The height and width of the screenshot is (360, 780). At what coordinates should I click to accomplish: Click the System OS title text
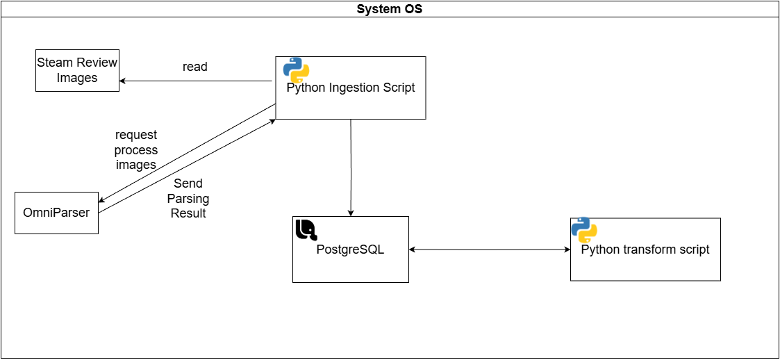389,9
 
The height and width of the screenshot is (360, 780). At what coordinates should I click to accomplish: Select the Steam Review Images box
77,70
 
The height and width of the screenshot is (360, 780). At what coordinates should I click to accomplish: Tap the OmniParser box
56,213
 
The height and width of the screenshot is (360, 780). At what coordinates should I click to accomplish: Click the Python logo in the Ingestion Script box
296,70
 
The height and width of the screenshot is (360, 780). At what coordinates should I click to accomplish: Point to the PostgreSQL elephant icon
306,230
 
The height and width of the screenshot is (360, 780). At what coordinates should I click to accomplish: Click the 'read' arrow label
194,67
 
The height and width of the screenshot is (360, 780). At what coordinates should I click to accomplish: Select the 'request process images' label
136,149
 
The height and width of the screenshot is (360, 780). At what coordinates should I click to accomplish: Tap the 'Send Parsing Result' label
188,198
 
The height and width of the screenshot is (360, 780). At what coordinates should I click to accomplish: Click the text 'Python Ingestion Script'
351,88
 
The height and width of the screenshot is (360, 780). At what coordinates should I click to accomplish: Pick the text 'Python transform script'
645,249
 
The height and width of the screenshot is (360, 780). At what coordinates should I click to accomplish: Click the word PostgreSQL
350,249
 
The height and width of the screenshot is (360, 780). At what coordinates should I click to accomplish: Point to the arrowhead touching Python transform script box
566,249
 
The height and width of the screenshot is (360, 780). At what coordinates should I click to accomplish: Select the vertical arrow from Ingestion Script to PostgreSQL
351,167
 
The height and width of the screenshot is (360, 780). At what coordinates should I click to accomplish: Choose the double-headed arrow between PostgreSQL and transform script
490,249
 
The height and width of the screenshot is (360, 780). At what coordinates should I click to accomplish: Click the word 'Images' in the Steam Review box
77,78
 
